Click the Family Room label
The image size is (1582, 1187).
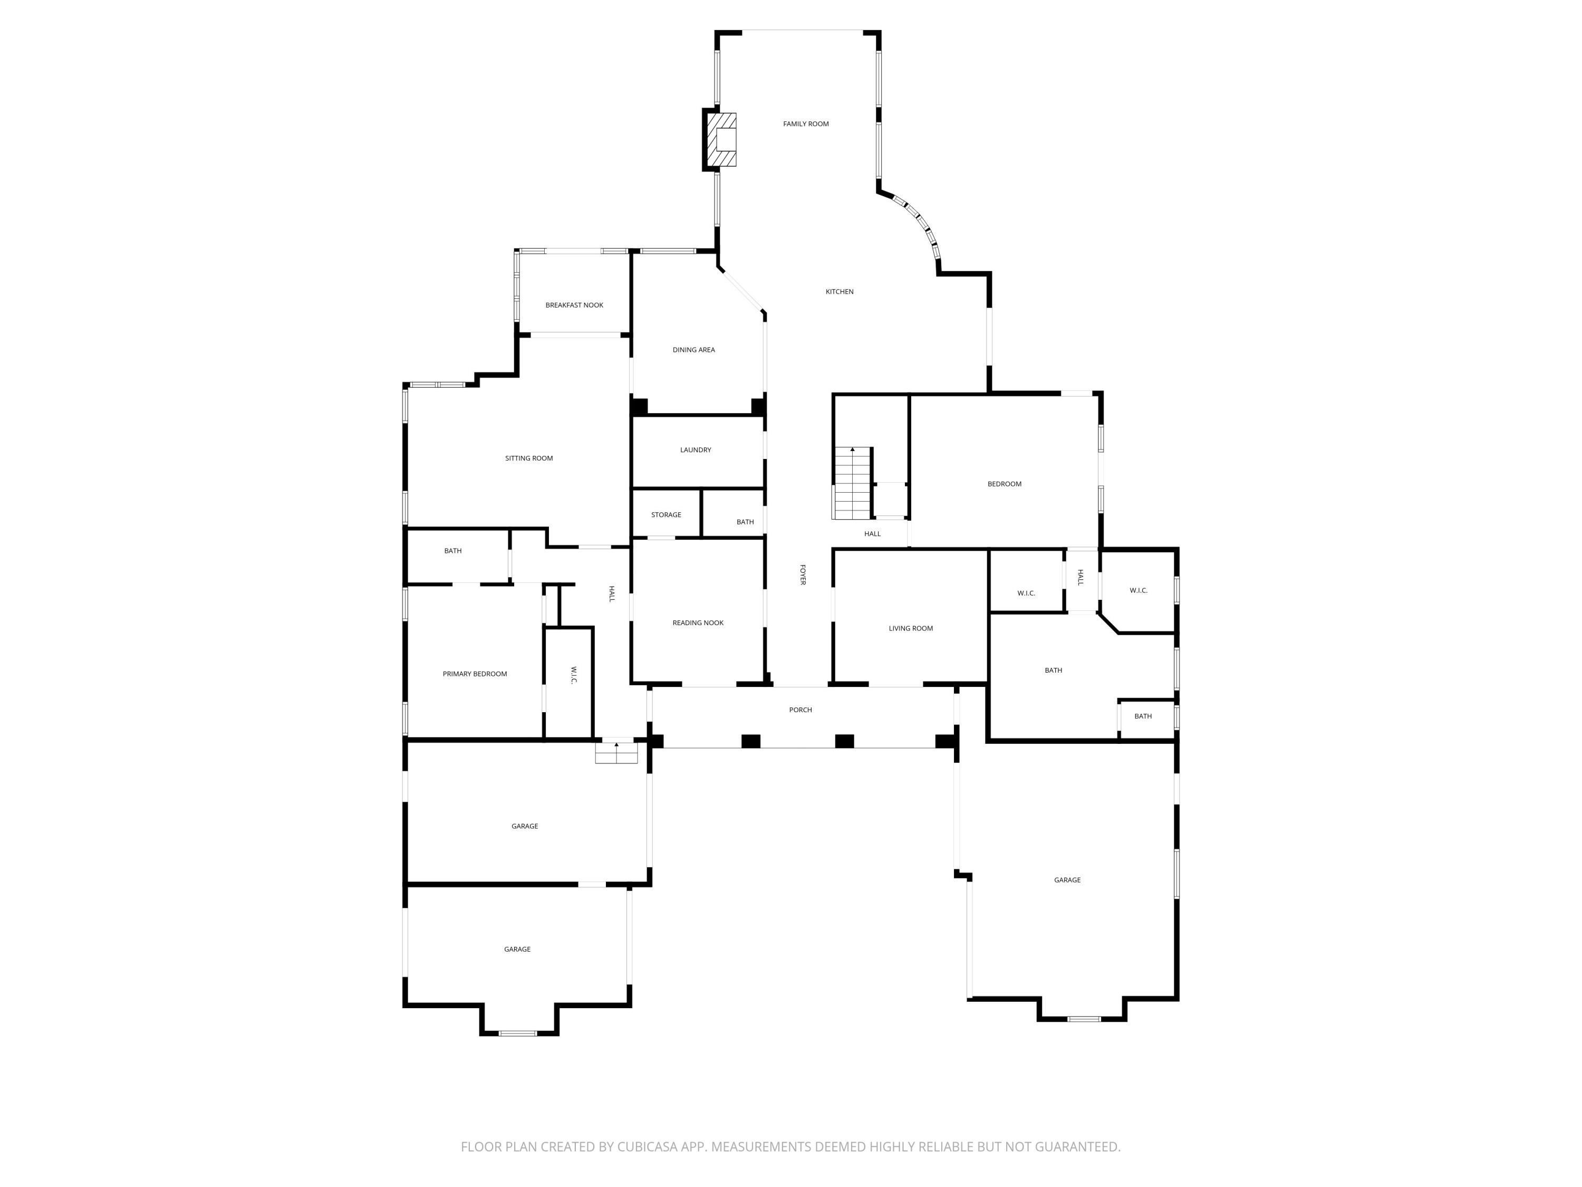(x=805, y=124)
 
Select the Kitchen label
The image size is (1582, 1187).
(x=839, y=292)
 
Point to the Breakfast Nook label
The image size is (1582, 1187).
(x=574, y=305)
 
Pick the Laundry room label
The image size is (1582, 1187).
(x=695, y=450)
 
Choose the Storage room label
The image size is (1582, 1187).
(x=666, y=515)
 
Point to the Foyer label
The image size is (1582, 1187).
(x=803, y=575)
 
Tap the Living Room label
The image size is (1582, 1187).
(x=910, y=629)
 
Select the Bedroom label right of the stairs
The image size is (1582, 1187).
(x=1004, y=484)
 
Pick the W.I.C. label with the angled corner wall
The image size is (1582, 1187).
(x=1138, y=591)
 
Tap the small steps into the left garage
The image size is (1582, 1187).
(x=616, y=753)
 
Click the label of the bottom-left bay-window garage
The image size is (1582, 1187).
(x=517, y=950)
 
